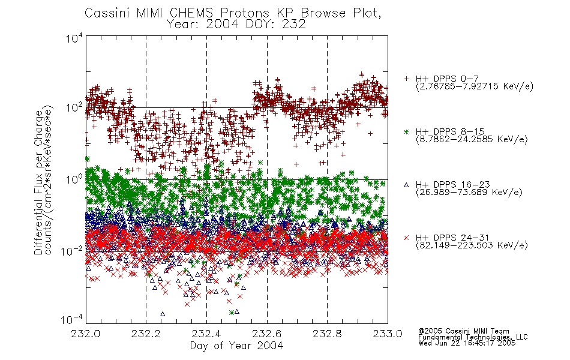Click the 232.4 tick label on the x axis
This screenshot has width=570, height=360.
(x=206, y=334)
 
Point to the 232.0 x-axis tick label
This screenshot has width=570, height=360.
(x=85, y=334)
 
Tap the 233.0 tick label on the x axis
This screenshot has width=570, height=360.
(x=388, y=334)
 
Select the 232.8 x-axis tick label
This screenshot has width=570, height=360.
(x=327, y=334)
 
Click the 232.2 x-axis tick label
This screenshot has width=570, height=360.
(x=146, y=334)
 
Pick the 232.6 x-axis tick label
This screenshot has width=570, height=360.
(x=267, y=334)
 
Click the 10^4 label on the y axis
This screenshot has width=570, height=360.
(x=74, y=38)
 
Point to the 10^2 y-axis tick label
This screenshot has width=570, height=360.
(x=74, y=107)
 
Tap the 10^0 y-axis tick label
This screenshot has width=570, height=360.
(x=74, y=179)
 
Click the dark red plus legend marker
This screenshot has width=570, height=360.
(x=406, y=79)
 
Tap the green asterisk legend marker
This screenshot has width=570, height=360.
(x=406, y=131)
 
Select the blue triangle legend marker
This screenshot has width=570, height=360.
(x=406, y=185)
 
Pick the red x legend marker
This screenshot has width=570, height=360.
(x=406, y=238)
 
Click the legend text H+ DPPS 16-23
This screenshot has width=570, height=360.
(x=452, y=184)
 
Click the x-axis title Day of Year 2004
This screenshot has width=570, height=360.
(x=236, y=346)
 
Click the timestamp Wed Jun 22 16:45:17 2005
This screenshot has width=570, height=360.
(x=467, y=343)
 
